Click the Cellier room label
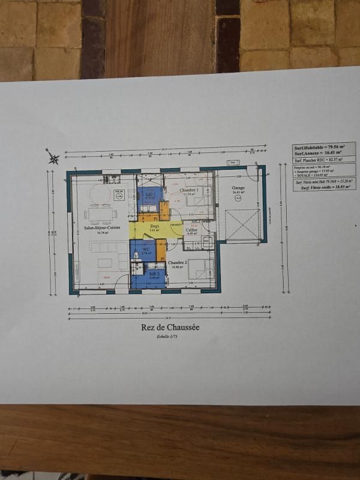tap(191, 230)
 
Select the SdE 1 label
tap(148, 195)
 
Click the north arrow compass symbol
tap(53, 158)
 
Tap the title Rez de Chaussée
tap(170, 327)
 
